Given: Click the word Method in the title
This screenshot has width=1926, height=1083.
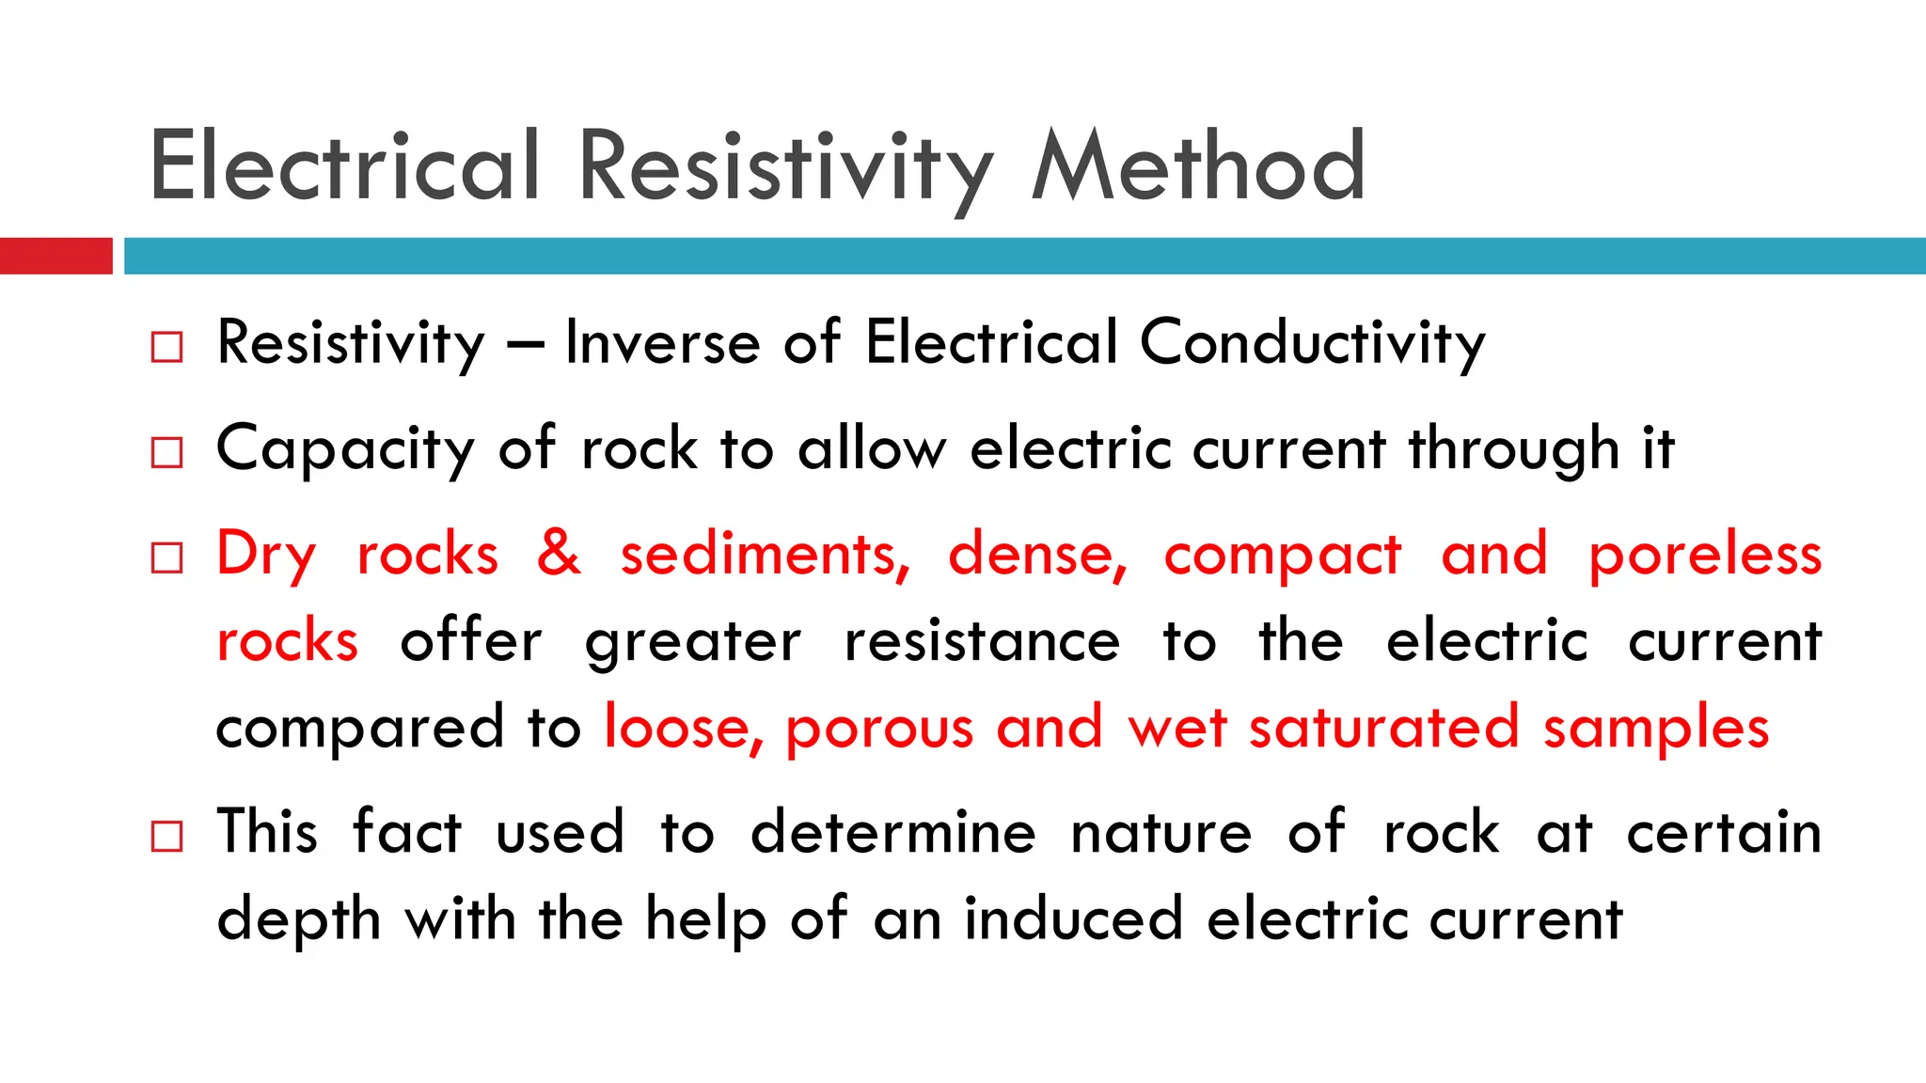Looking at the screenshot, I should tap(1198, 166).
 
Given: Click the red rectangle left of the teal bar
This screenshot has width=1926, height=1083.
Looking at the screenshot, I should tap(55, 256).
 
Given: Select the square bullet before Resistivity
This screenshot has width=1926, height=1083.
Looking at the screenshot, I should tap(166, 347).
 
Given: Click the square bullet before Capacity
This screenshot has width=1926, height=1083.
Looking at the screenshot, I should tap(166, 452).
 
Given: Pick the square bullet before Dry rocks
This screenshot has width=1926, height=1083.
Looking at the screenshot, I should tap(166, 557).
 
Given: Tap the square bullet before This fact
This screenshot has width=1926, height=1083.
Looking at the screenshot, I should tap(166, 835).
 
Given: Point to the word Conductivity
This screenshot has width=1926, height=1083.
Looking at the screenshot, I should tap(1313, 344).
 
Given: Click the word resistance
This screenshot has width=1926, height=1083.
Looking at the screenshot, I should tap(982, 641).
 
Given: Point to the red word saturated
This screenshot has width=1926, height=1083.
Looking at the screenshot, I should tap(1383, 728).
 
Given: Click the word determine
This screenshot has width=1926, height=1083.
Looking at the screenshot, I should tap(892, 833).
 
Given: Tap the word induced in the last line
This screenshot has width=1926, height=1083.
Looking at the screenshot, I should tap(1073, 918).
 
